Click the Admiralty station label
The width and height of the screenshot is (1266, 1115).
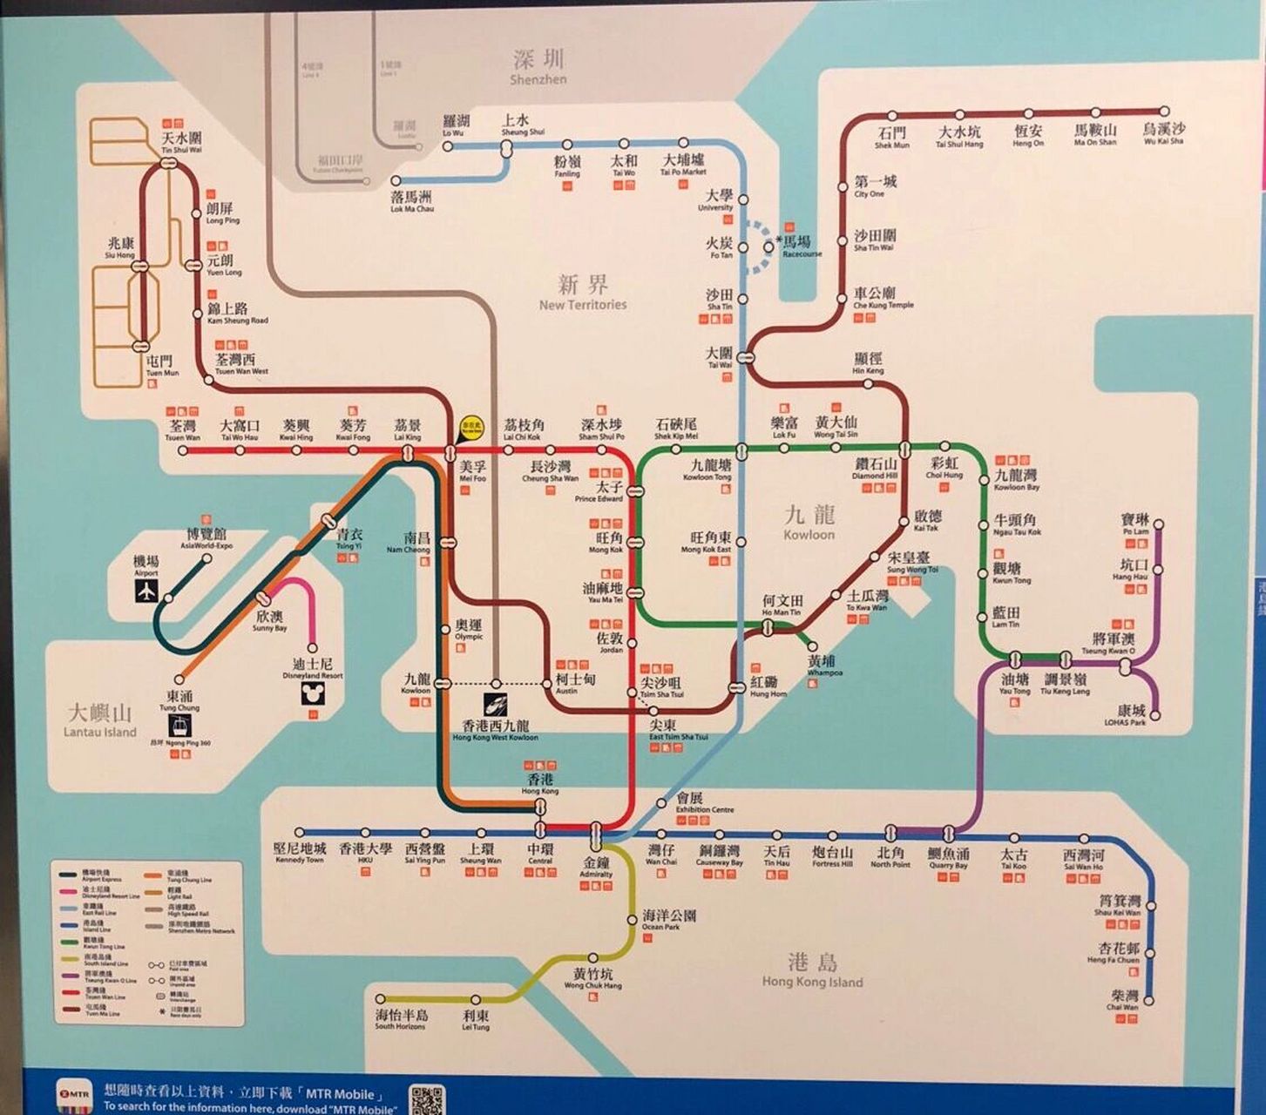596,866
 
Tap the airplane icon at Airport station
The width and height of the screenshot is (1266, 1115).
146,591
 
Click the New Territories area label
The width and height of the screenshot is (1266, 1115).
583,293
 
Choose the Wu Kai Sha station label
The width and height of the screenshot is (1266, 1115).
1163,133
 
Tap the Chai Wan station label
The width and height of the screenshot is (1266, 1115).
1124,999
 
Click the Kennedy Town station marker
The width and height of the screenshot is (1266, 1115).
300,833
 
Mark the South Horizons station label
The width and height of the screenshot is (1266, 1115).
401,1019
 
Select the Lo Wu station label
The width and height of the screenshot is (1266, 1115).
455,125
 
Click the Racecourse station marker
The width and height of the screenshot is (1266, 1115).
768,247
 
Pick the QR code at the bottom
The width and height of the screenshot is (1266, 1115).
427,1099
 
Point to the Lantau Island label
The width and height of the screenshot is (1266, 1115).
100,721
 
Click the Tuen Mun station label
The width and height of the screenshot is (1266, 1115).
161,365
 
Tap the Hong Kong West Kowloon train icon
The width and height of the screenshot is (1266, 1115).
496,705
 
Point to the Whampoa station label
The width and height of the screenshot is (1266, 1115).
821,666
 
